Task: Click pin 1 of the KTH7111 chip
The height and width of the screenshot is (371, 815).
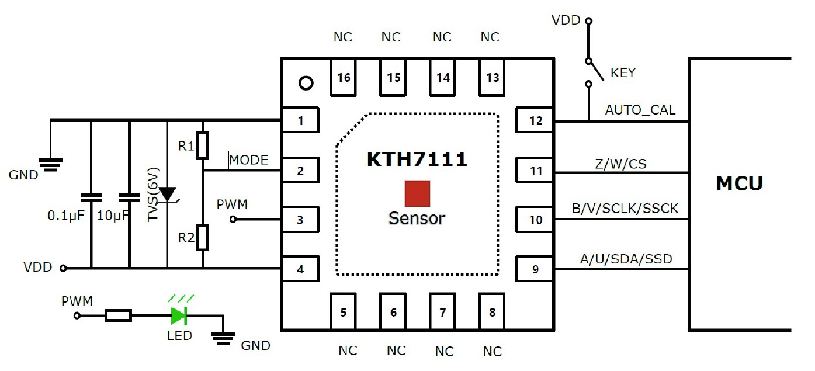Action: (x=300, y=121)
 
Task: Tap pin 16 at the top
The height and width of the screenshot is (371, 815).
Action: (x=344, y=77)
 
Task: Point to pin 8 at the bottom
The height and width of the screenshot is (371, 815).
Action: (x=492, y=312)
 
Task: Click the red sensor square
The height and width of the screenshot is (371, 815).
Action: (x=417, y=194)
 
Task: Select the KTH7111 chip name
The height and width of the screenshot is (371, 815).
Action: (x=417, y=160)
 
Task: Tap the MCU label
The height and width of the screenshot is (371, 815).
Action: (x=739, y=183)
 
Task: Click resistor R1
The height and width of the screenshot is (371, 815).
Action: (x=203, y=145)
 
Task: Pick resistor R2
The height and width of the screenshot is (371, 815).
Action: (x=203, y=237)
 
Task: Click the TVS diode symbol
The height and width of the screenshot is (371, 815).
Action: (x=168, y=195)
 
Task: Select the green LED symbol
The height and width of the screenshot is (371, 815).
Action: (x=178, y=317)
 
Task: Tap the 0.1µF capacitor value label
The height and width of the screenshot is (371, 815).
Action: (x=66, y=216)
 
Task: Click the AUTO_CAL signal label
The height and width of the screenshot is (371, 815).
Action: (x=640, y=110)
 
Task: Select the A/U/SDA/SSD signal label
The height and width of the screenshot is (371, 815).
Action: (x=630, y=259)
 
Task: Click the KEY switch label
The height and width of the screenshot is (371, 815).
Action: (x=623, y=73)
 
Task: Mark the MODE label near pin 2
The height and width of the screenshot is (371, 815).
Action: (x=249, y=160)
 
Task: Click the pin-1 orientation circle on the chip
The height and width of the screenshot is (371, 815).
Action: (x=306, y=83)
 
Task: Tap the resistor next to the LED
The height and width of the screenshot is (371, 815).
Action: (x=119, y=317)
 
